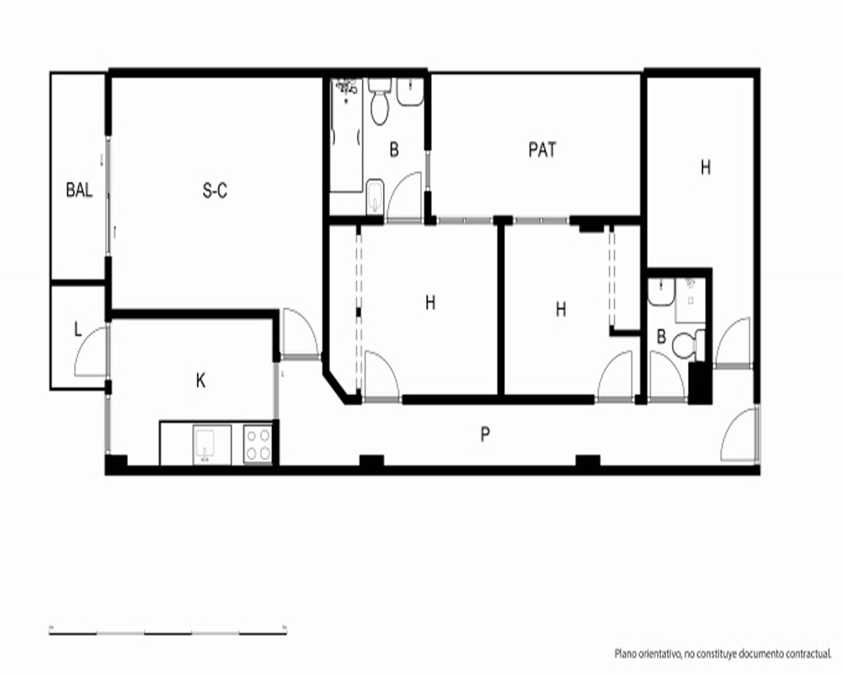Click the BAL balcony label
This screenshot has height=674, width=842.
79,190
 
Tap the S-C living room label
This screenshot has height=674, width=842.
215,190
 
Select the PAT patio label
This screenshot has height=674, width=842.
542,150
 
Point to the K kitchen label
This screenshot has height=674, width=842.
200,381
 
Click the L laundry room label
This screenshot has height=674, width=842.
77,329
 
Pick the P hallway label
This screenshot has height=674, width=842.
485,434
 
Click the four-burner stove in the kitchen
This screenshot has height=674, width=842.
258,445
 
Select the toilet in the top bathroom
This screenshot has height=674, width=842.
380,102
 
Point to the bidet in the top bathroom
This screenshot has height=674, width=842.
375,196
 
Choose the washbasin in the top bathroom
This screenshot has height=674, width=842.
410,92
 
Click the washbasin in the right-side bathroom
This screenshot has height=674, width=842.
661,292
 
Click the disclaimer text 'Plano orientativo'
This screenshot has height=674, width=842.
647,654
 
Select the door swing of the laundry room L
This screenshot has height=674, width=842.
90,351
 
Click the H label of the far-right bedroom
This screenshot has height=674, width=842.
706,168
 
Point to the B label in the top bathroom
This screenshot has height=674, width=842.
394,149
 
